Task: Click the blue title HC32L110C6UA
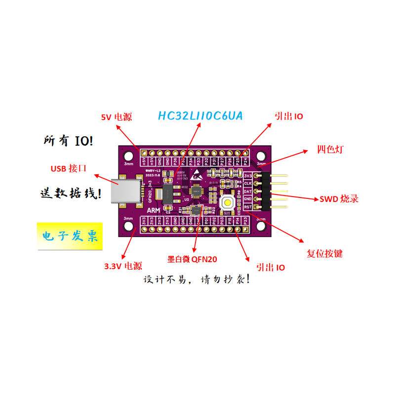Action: tap(200, 116)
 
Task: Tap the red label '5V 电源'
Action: tap(117, 118)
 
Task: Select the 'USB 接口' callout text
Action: tap(69, 168)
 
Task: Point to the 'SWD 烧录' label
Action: tap(339, 199)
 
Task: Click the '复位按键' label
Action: tap(324, 254)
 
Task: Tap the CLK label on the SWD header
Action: tap(248, 183)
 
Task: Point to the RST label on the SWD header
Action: tap(248, 206)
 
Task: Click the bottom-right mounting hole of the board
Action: tap(261, 227)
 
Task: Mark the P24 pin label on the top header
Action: tap(245, 161)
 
